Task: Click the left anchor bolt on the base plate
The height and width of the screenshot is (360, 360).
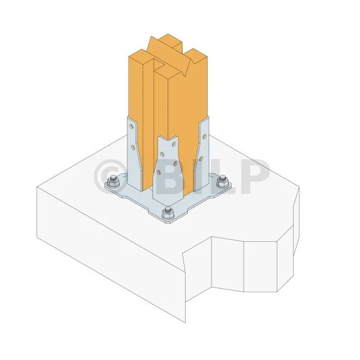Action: point(114,181)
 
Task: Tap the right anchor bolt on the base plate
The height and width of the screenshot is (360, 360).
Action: point(223,181)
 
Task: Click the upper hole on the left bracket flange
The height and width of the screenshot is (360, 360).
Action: point(132,126)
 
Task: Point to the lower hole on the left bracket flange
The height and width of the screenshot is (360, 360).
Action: point(133,147)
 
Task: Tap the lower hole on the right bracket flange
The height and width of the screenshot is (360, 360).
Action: point(201,158)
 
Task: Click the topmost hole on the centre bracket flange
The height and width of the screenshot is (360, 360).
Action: point(174,144)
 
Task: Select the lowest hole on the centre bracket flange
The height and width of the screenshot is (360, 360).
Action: point(159,172)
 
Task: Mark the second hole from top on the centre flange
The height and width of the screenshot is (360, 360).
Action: point(162,154)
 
